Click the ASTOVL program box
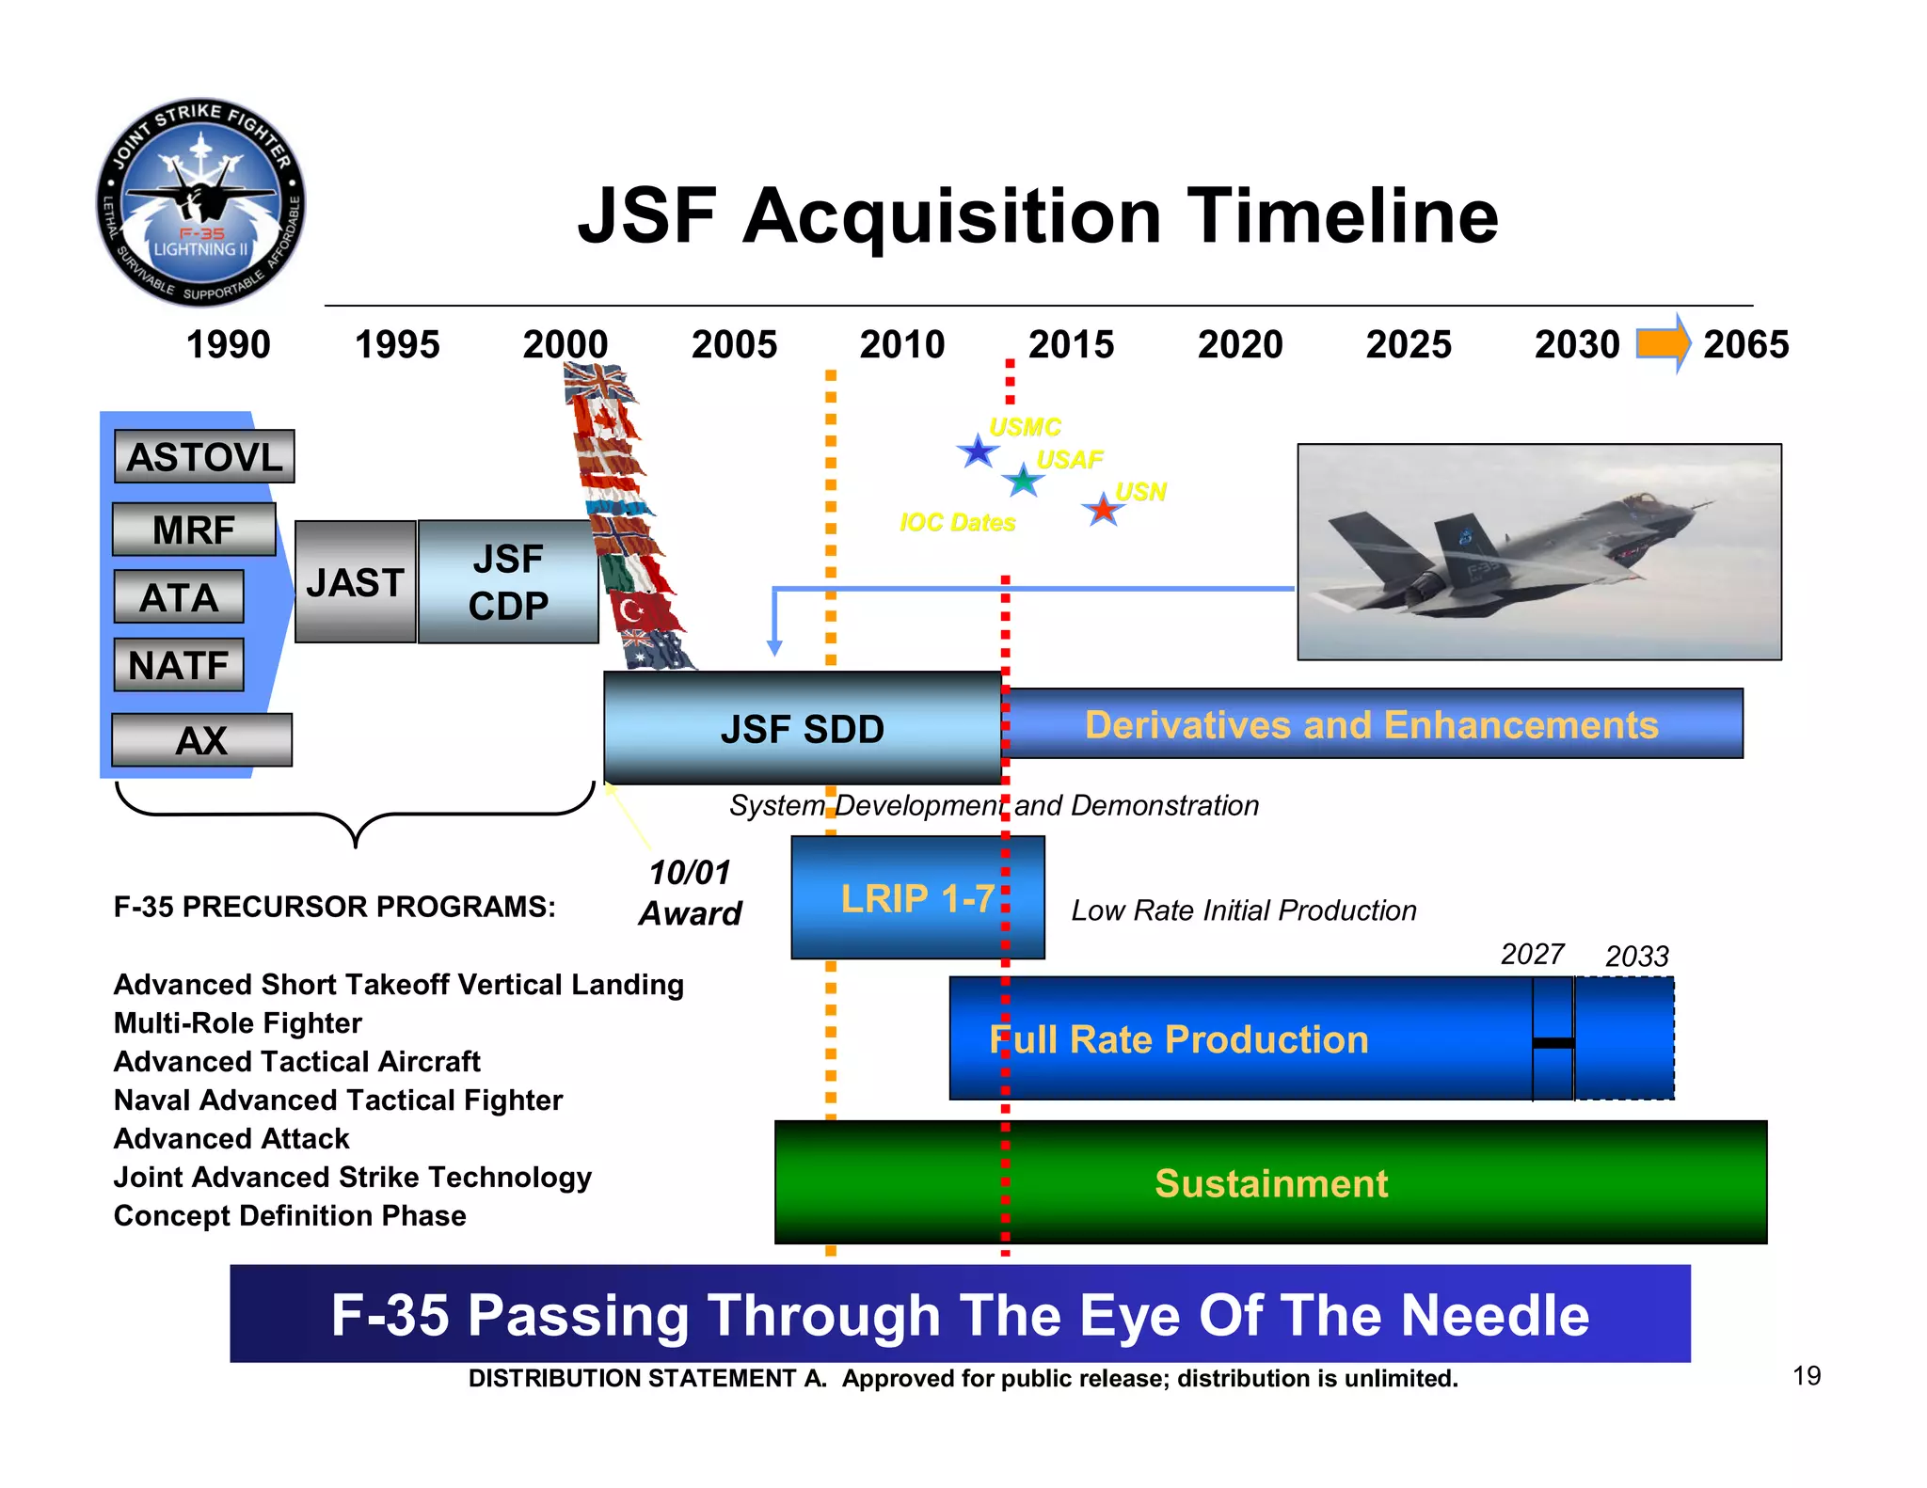click(x=204, y=457)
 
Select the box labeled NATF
click(x=179, y=665)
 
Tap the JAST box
click(x=355, y=582)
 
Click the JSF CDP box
click(x=508, y=582)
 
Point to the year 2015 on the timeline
click(x=1071, y=344)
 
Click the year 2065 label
click(x=1745, y=344)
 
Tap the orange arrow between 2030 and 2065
click(x=1663, y=343)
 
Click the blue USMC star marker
click(x=978, y=452)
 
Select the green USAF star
click(x=1023, y=481)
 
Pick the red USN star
click(x=1103, y=510)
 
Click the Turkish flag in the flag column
click(x=642, y=611)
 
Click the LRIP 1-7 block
click(x=917, y=898)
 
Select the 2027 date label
click(x=1531, y=954)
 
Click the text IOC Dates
click(x=957, y=522)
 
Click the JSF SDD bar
click(x=802, y=729)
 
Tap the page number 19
click(x=1806, y=1376)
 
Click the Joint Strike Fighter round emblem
click(x=200, y=202)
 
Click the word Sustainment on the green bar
click(x=1270, y=1183)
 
